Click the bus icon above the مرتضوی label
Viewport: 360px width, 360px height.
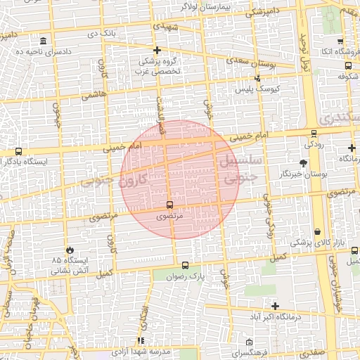(x=169, y=205)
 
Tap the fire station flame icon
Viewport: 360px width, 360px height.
(x=70, y=250)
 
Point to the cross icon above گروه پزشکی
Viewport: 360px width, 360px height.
(x=157, y=50)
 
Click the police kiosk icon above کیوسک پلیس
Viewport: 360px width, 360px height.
(x=258, y=78)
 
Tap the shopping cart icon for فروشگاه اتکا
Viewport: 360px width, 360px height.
(x=340, y=41)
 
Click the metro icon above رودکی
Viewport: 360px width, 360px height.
(x=314, y=132)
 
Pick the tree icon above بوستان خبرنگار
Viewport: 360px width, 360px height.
(x=303, y=162)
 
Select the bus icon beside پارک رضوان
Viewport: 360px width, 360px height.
(x=185, y=266)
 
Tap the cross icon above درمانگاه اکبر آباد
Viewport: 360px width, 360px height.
(x=275, y=306)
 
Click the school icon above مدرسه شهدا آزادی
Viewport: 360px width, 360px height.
(x=141, y=341)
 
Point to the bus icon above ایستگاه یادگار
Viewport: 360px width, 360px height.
(x=18, y=151)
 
